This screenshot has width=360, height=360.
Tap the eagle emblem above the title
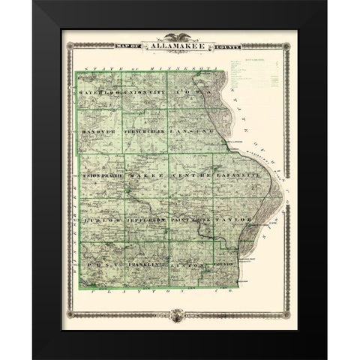179,36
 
